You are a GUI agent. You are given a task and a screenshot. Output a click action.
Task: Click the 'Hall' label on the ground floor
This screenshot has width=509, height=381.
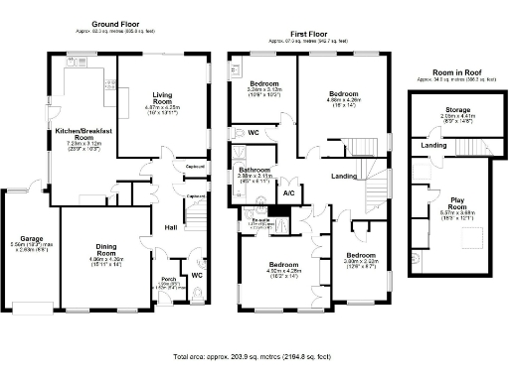(171, 227)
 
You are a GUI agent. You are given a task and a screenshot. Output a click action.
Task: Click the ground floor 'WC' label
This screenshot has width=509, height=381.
(197, 275)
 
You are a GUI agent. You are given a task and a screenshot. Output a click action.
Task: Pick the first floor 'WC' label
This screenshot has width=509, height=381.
(254, 131)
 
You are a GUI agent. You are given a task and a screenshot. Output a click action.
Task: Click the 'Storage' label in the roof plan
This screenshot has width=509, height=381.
(457, 109)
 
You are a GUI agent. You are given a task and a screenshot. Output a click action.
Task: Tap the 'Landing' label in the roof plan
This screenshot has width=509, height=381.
(433, 146)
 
